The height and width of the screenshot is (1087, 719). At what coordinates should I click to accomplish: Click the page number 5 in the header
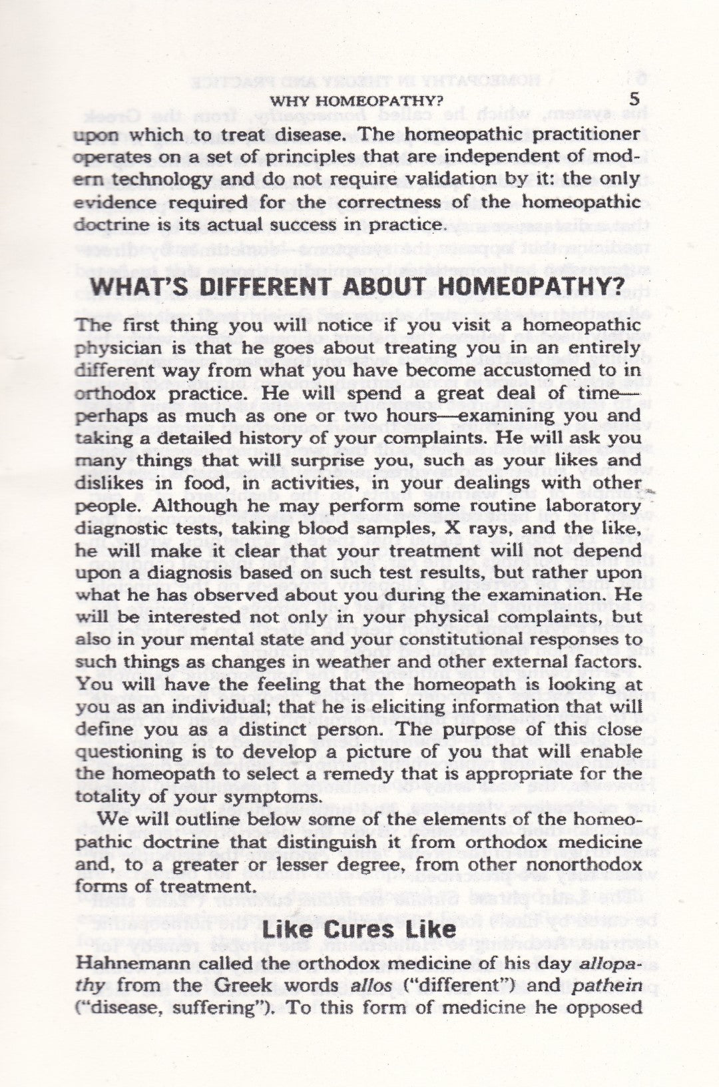[x=634, y=99]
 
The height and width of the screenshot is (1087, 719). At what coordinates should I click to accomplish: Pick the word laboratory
[x=586, y=506]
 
